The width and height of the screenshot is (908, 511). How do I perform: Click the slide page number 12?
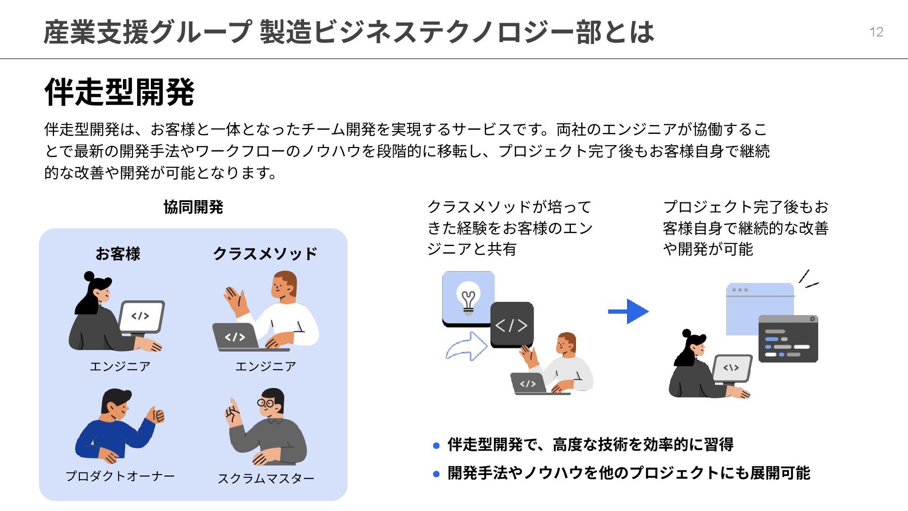(876, 32)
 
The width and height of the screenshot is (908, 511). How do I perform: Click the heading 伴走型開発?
(119, 92)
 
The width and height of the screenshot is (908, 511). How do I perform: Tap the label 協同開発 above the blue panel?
(193, 207)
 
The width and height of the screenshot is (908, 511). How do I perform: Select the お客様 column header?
(118, 254)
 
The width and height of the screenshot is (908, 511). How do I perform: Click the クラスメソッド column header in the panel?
(265, 254)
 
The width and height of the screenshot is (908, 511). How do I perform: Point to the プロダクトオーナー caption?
(120, 476)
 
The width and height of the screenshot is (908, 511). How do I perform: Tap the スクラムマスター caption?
(266, 478)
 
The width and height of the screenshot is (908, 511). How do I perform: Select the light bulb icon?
(468, 300)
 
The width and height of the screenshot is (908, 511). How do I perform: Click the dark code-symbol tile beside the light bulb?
(512, 325)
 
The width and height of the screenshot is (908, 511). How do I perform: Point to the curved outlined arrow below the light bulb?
(466, 346)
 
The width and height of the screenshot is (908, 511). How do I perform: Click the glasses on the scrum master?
(266, 403)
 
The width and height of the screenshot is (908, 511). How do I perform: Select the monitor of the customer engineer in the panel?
(141, 316)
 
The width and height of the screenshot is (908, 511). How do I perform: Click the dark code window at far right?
(788, 339)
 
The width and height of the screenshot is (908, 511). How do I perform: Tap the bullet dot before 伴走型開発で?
(436, 446)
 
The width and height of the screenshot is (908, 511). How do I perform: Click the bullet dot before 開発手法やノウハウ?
(436, 474)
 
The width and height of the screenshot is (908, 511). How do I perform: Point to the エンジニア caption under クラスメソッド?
(265, 366)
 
